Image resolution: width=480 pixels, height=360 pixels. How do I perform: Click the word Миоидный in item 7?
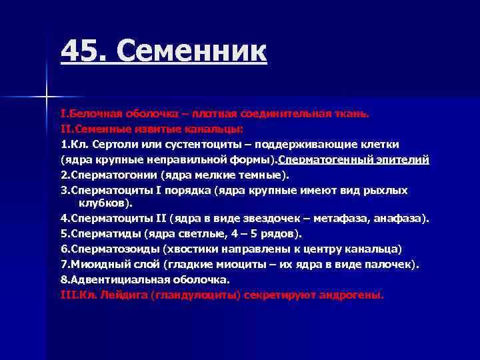pos(95,264)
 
